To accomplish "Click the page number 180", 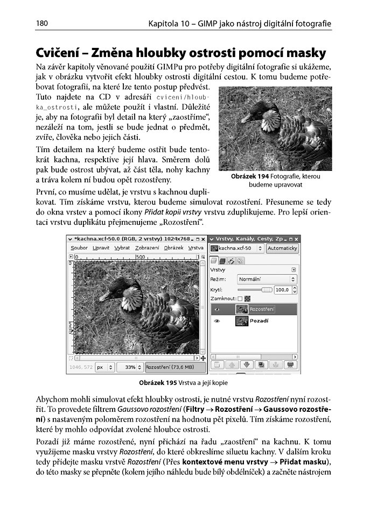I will [43, 24].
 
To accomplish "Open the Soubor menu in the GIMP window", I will [79, 248].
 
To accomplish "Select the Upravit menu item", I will [100, 248].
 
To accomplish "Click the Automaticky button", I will [282, 248].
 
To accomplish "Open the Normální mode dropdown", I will [267, 280].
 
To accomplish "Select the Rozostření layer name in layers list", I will [262, 309].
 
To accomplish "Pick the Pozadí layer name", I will [260, 321].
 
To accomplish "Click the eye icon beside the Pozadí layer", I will [217, 321].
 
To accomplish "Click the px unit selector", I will [104, 368].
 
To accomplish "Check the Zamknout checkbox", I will [240, 299].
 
